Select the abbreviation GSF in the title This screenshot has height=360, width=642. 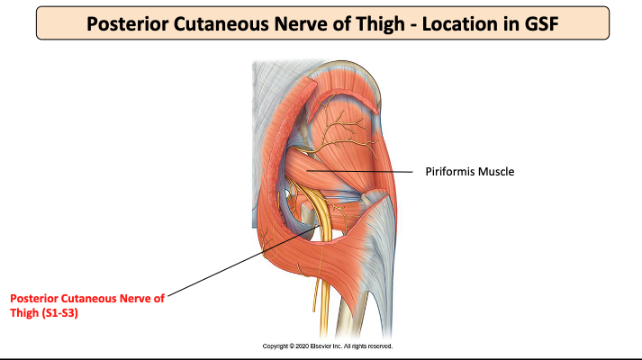[534, 22]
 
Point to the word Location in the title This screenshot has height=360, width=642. [448, 22]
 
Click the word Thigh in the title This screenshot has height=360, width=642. [376, 22]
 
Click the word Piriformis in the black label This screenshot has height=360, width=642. [452, 170]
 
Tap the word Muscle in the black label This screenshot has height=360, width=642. [498, 170]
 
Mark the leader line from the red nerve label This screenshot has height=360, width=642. [243, 261]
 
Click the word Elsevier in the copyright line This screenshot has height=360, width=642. [312, 346]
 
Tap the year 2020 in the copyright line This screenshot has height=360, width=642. [294, 346]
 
